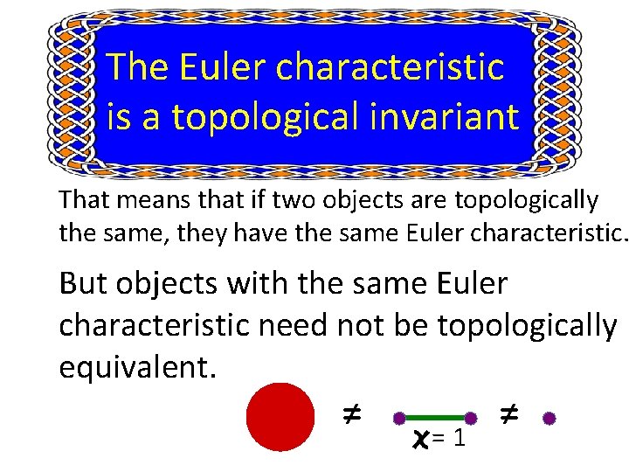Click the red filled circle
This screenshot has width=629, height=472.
click(x=280, y=417)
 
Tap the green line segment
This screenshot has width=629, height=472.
click(x=434, y=418)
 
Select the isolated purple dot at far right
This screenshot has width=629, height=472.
click(x=550, y=418)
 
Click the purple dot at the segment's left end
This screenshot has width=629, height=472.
click(x=399, y=418)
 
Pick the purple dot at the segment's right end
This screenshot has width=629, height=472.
click(x=470, y=418)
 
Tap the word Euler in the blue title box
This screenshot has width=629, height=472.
click(x=218, y=66)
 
